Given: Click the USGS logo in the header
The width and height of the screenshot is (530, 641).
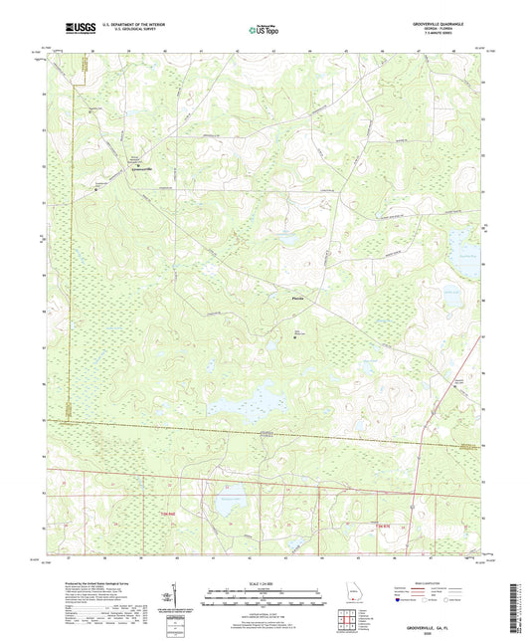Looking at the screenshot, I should pyautogui.click(x=72, y=29).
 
